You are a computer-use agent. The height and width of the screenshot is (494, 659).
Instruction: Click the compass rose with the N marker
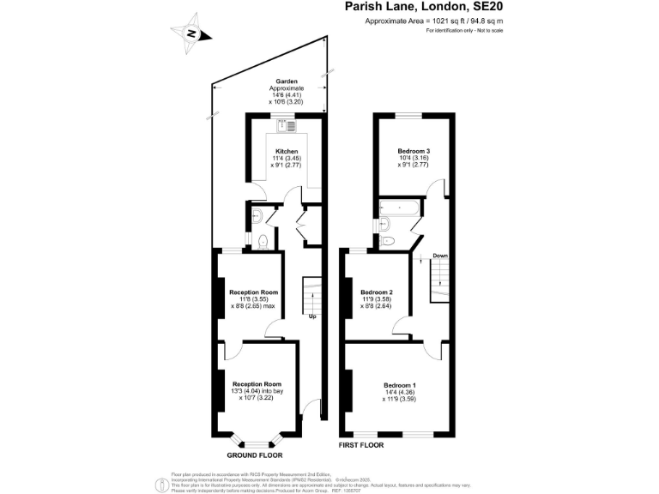[x=193, y=33]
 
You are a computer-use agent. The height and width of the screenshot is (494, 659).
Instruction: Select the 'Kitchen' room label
[x=287, y=151]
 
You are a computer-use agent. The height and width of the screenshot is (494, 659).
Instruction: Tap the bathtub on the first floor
[x=398, y=208]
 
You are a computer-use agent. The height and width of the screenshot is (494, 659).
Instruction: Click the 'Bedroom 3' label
[x=413, y=151]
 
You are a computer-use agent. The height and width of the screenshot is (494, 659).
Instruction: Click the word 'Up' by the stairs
[x=314, y=316]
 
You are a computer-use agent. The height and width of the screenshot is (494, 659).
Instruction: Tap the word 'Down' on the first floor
[x=439, y=256]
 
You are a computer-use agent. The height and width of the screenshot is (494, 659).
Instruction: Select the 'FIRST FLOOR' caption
[x=361, y=446]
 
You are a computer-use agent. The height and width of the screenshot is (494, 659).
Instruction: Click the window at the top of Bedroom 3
[x=408, y=115]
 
